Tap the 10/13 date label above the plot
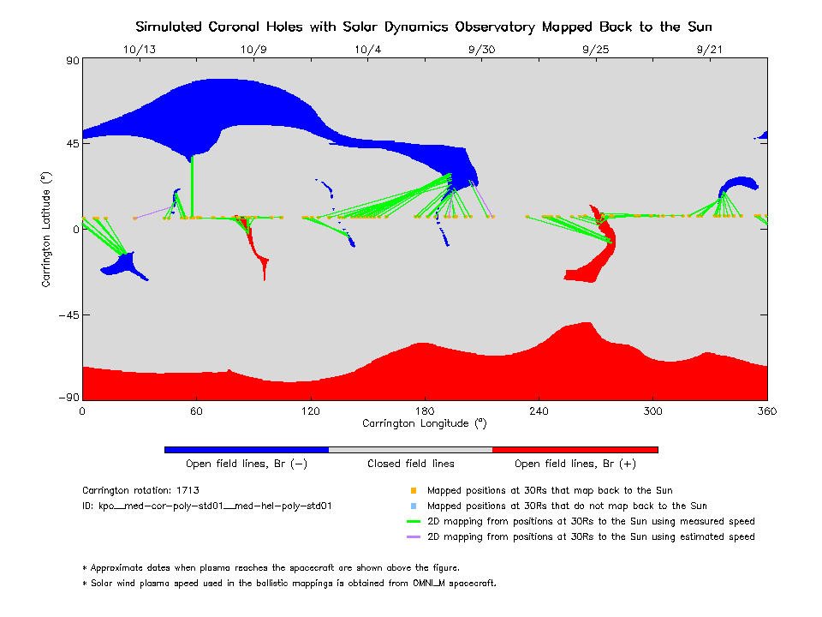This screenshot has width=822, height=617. [140, 49]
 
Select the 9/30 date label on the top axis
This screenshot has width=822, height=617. [481, 49]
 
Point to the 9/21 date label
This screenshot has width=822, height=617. [710, 49]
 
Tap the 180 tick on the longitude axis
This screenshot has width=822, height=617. [425, 411]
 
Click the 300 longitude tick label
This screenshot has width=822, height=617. [653, 411]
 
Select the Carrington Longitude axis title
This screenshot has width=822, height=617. [425, 423]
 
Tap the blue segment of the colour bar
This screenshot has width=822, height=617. [247, 449]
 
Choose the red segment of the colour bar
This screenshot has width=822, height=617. [575, 449]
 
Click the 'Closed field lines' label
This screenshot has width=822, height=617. [411, 464]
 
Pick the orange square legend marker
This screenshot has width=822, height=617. [413, 491]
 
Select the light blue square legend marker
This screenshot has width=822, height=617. [413, 506]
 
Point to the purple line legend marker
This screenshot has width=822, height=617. [413, 537]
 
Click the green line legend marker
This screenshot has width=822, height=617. [413, 522]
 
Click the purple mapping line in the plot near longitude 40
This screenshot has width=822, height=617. [154, 211]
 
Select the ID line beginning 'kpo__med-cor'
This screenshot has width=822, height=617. [206, 506]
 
